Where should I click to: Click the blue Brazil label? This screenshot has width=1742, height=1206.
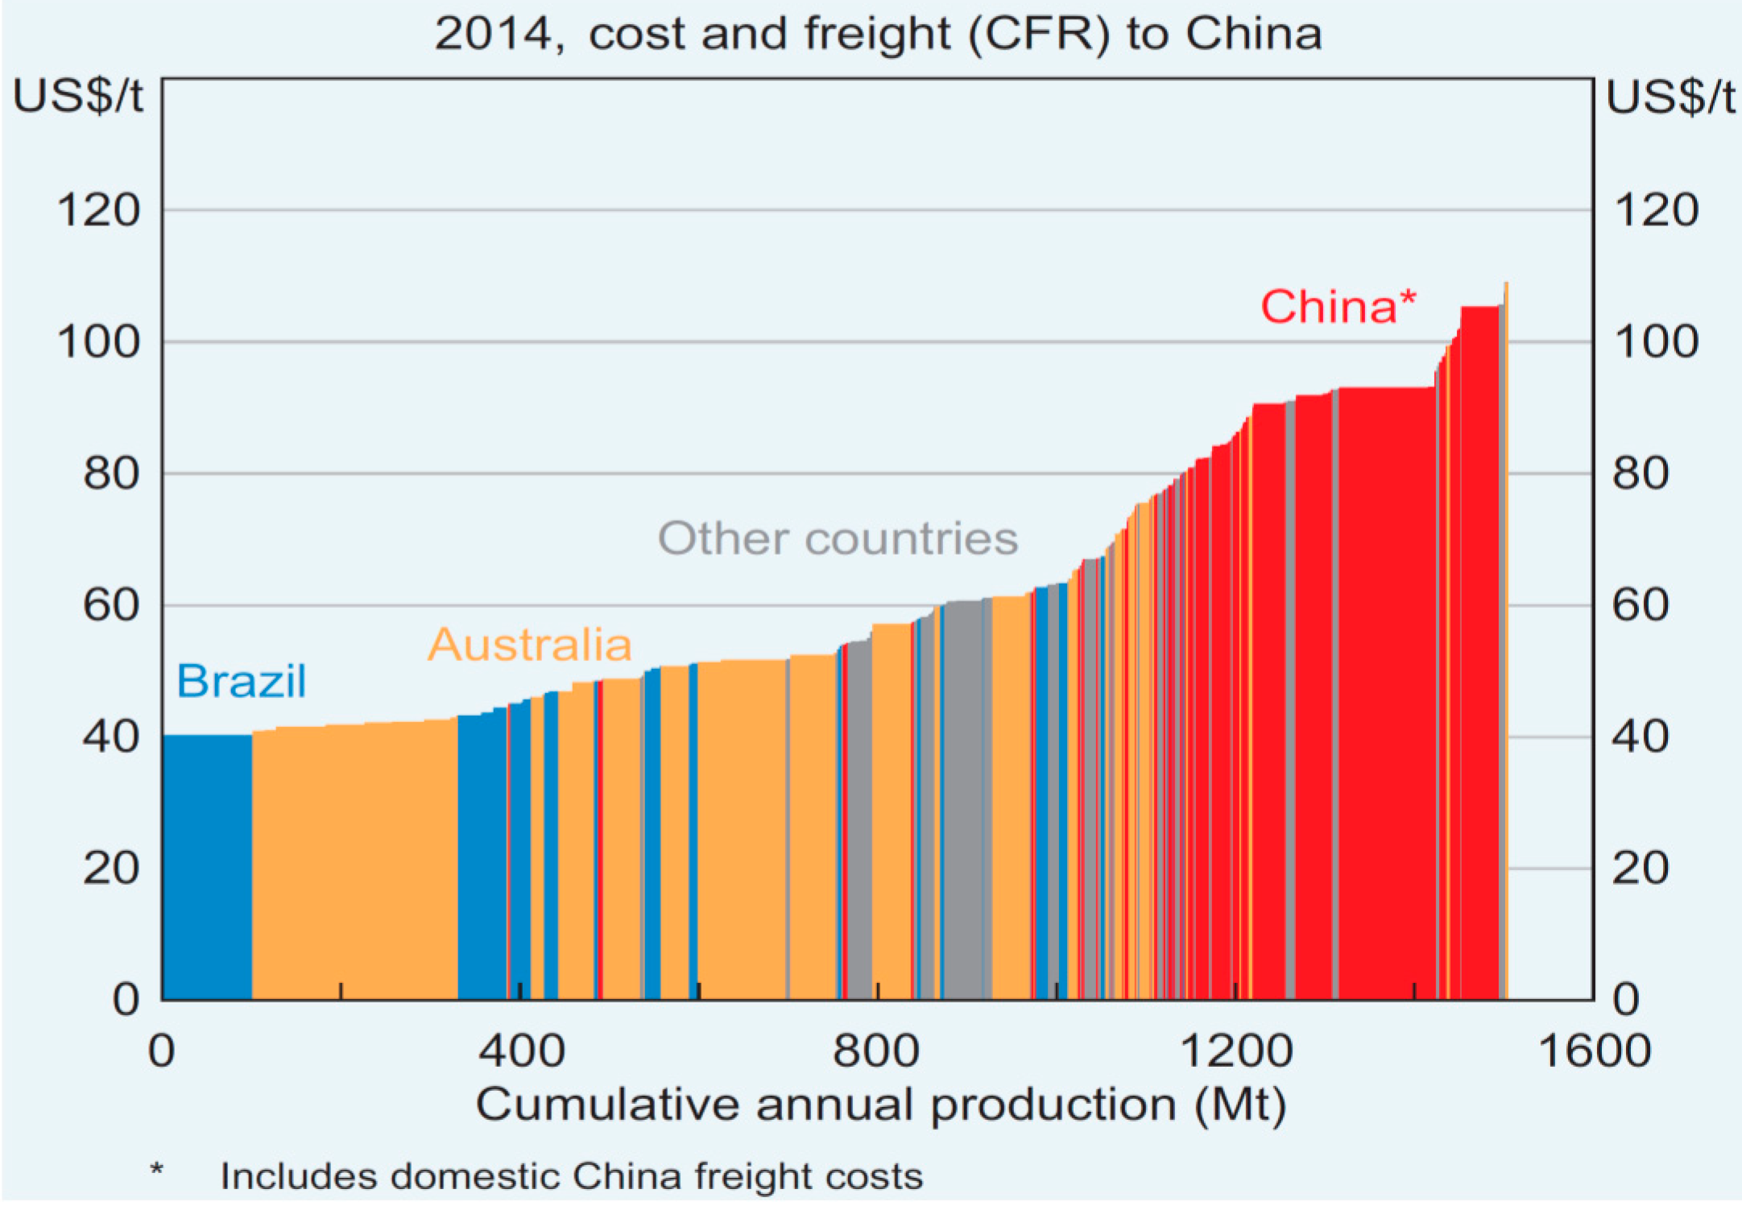(241, 681)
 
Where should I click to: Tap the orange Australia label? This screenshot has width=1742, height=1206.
(529, 645)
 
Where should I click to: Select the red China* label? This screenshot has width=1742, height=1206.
(1337, 307)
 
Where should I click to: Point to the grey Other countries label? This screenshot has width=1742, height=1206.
(838, 538)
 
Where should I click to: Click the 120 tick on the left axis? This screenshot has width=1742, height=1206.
(98, 211)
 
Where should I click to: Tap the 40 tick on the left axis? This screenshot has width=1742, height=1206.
(110, 737)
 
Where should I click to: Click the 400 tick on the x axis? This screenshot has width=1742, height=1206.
(521, 1051)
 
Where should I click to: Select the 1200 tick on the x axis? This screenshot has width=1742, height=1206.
(1235, 1051)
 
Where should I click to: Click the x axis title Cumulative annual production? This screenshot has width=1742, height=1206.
(880, 1105)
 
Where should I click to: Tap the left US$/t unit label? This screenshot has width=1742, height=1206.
(78, 97)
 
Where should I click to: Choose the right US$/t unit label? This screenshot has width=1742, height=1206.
(1670, 97)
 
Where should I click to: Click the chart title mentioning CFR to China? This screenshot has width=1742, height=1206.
(878, 34)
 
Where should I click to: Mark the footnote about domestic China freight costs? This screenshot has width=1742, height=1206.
(571, 1176)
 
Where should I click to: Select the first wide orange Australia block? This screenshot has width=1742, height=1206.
(354, 861)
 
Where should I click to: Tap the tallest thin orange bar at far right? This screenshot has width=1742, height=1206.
(1506, 644)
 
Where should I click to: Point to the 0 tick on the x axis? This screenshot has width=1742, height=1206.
(162, 1051)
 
